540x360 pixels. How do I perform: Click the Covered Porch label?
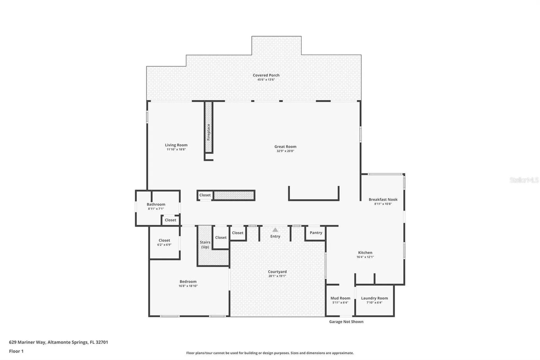pyautogui.click(x=266, y=75)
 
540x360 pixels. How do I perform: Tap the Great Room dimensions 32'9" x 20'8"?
pyautogui.click(x=285, y=151)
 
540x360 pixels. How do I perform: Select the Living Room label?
pyautogui.click(x=176, y=145)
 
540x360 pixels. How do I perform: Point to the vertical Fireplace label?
pyautogui.click(x=208, y=132)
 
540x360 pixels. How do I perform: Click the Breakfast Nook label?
pyautogui.click(x=383, y=199)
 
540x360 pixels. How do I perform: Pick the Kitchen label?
pyautogui.click(x=365, y=252)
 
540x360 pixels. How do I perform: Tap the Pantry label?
pyautogui.click(x=316, y=233)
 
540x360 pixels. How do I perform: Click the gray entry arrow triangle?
pyautogui.click(x=275, y=230)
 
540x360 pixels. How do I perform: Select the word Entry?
pyautogui.click(x=275, y=236)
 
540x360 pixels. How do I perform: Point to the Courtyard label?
pyautogui.click(x=277, y=272)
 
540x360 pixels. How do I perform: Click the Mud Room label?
pyautogui.click(x=340, y=298)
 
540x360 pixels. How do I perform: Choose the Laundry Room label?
pyautogui.click(x=374, y=298)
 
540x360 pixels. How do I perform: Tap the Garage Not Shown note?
pyautogui.click(x=346, y=322)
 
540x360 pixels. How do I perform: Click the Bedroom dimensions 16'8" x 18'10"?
pyautogui.click(x=188, y=286)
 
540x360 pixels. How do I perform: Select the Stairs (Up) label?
pyautogui.click(x=205, y=245)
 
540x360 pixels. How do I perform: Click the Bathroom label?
pyautogui.click(x=156, y=204)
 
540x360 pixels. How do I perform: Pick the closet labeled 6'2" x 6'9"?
pyautogui.click(x=164, y=242)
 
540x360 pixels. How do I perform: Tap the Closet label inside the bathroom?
pyautogui.click(x=170, y=220)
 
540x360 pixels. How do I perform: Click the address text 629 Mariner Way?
pyautogui.click(x=27, y=342)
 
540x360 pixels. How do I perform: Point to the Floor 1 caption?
pyautogui.click(x=16, y=351)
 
